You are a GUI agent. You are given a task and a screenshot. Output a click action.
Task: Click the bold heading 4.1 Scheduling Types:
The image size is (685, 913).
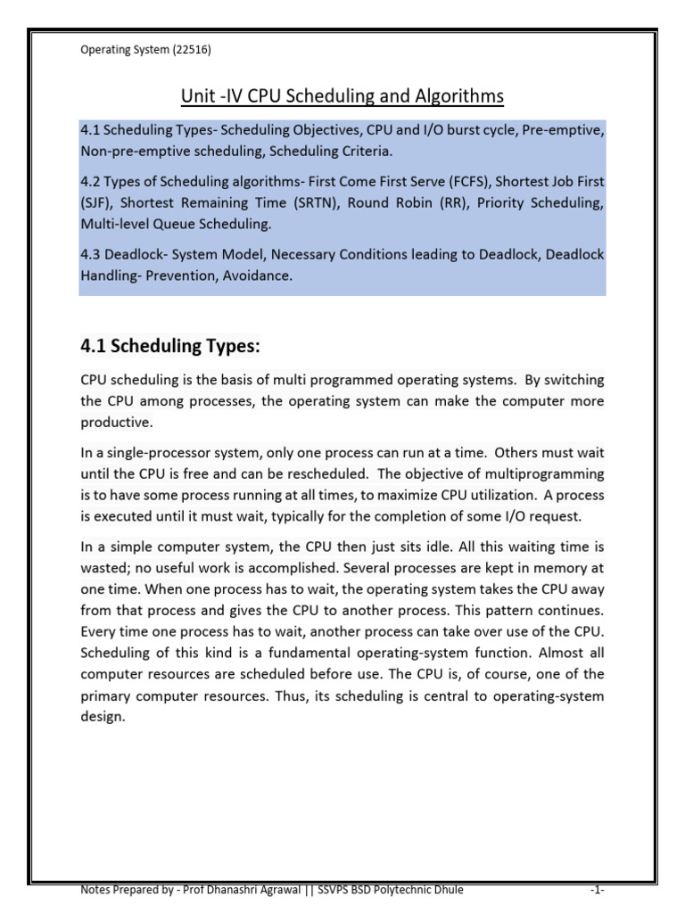tap(171, 345)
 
